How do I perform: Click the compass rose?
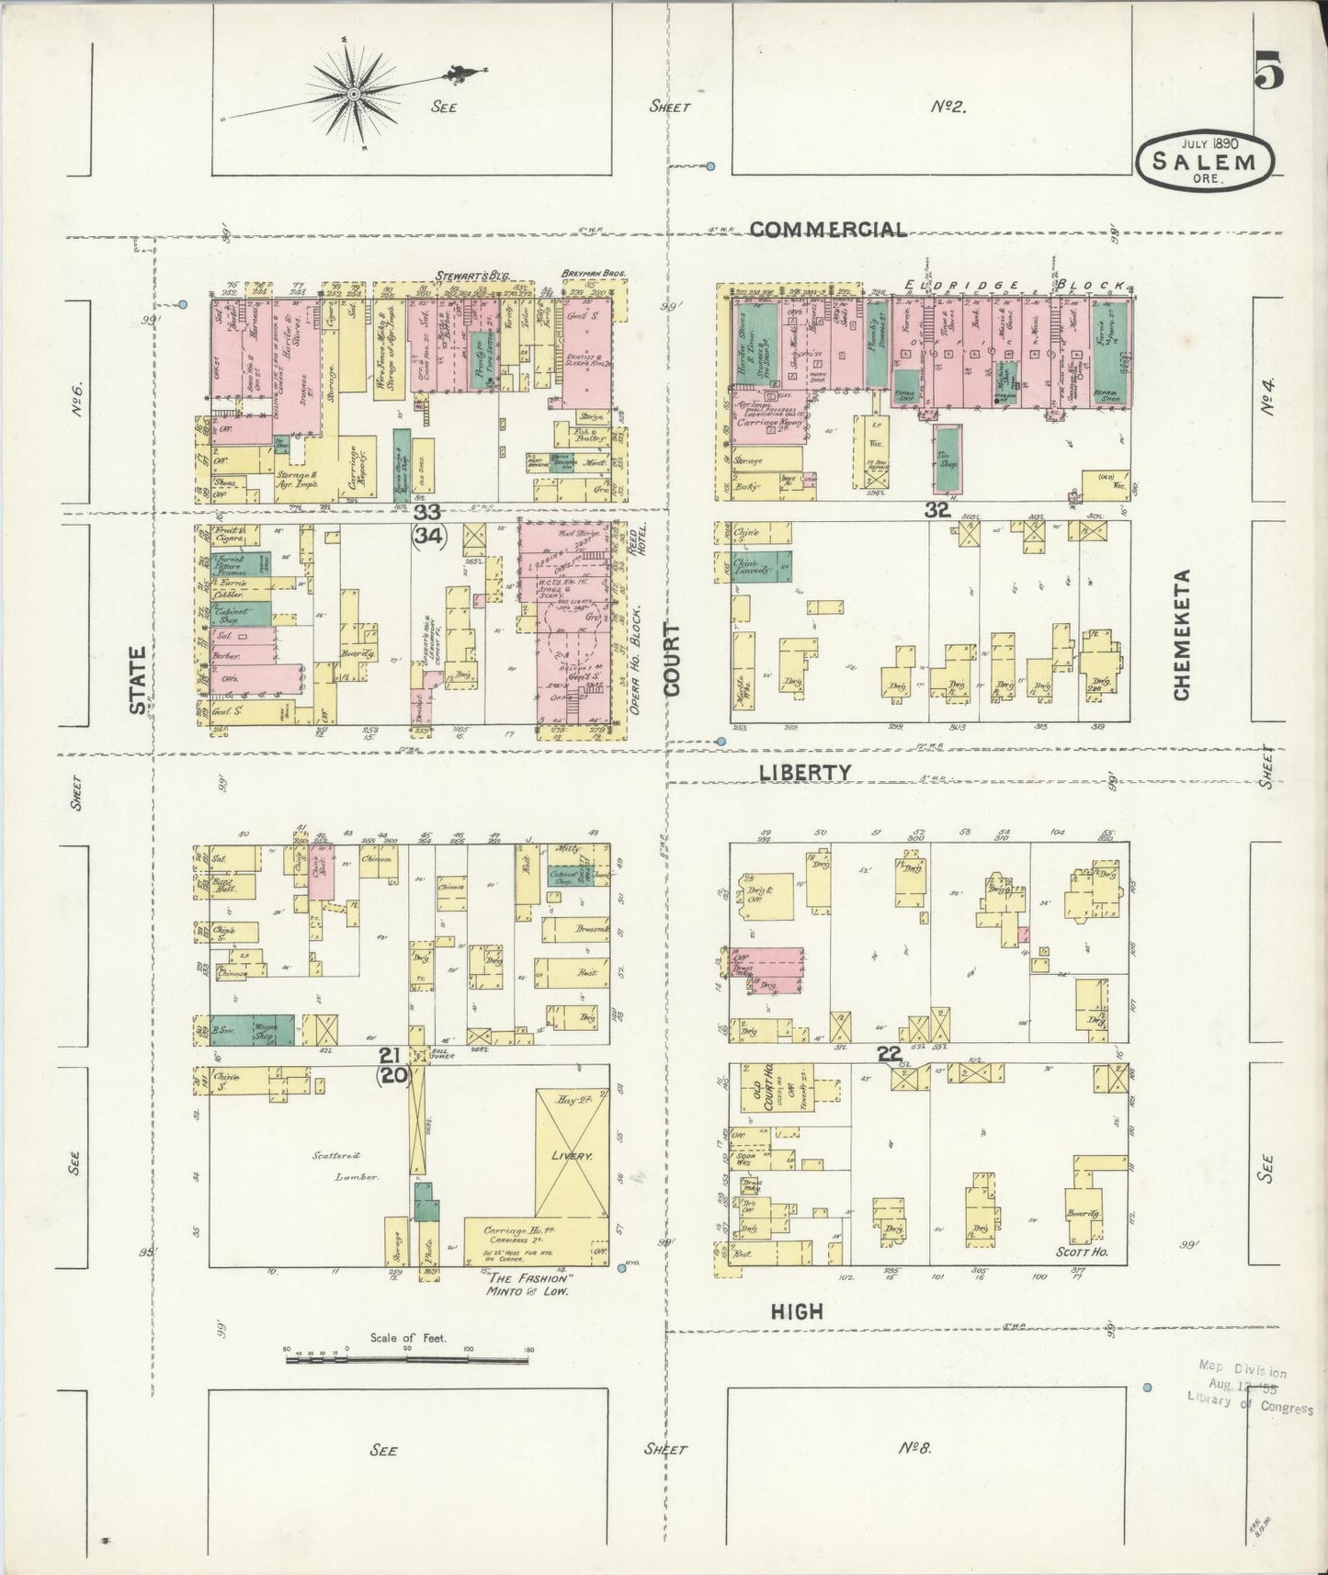click(x=354, y=94)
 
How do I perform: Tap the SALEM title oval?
click(x=1206, y=162)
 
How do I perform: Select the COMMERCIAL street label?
click(x=829, y=230)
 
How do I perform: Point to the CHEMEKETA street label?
click(x=1182, y=633)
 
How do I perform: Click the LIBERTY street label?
click(x=805, y=773)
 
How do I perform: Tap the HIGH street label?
click(x=796, y=1312)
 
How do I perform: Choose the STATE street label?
click(x=138, y=680)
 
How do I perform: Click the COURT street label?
click(x=672, y=659)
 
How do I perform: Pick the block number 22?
click(x=888, y=1055)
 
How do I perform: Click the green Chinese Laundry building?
click(x=762, y=567)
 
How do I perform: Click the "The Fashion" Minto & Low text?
click(x=531, y=1284)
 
